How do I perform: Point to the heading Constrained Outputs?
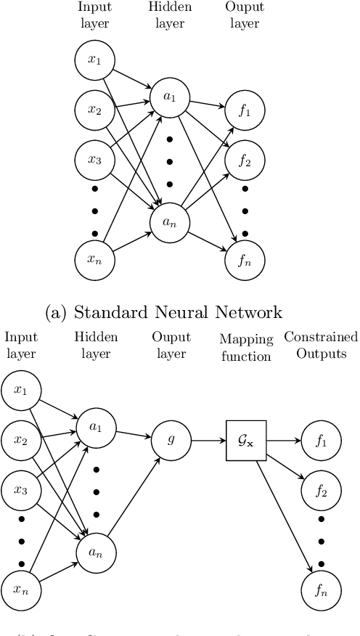[x=321, y=345]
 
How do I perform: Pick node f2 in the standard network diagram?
[x=245, y=160]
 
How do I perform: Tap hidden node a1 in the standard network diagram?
[x=170, y=96]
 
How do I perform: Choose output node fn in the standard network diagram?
[x=245, y=260]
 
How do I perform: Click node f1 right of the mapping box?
[x=320, y=441]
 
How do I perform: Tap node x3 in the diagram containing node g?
[x=21, y=489]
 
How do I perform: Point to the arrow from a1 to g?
[x=132, y=433]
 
